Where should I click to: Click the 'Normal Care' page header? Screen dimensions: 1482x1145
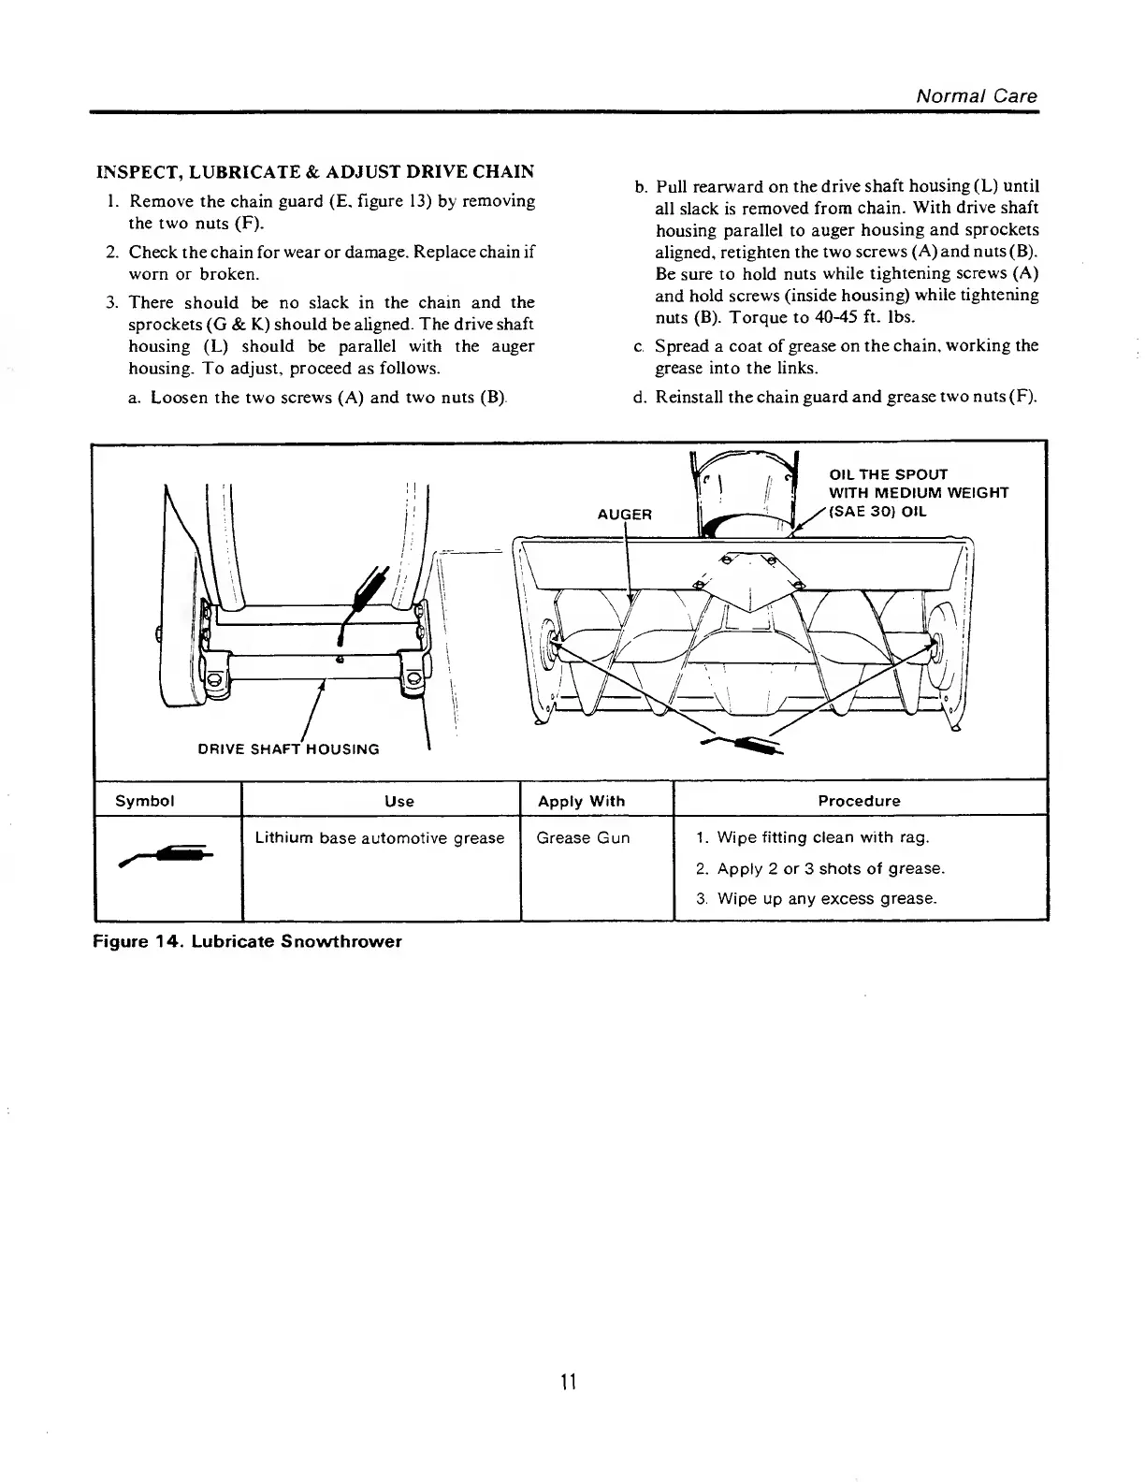976,96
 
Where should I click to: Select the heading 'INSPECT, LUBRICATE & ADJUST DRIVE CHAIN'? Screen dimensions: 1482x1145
316,172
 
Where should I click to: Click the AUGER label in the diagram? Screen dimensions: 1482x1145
624,515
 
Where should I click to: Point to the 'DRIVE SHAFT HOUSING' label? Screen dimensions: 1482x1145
288,749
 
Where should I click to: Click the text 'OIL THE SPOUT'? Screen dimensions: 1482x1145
889,474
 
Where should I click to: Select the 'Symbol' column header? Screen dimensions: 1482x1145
144,801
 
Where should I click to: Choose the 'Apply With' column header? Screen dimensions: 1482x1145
581,801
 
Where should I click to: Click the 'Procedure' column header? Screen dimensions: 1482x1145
859,801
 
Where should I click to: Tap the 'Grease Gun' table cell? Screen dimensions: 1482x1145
583,838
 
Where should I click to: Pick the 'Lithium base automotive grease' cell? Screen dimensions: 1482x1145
380,838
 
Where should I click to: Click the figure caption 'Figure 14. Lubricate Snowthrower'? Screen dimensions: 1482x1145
247,941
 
